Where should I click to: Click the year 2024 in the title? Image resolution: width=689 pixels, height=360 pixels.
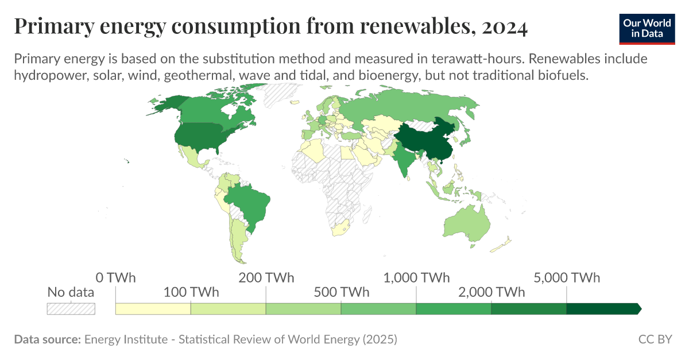pyautogui.click(x=505, y=27)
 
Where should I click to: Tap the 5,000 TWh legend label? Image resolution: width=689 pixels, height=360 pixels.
pyautogui.click(x=567, y=278)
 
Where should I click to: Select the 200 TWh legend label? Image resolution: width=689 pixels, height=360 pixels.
pyautogui.click(x=266, y=278)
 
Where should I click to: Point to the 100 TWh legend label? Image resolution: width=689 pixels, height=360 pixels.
pyautogui.click(x=191, y=292)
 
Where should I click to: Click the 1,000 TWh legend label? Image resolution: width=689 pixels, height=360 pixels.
pyautogui.click(x=416, y=278)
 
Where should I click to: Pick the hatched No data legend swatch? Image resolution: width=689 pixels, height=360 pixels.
pyautogui.click(x=71, y=309)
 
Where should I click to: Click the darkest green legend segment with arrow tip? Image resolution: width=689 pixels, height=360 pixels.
pyautogui.click(x=603, y=309)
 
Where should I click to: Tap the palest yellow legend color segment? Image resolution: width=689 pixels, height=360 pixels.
pyautogui.click(x=153, y=309)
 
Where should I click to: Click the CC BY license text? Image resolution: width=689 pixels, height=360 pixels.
pyautogui.click(x=655, y=339)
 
